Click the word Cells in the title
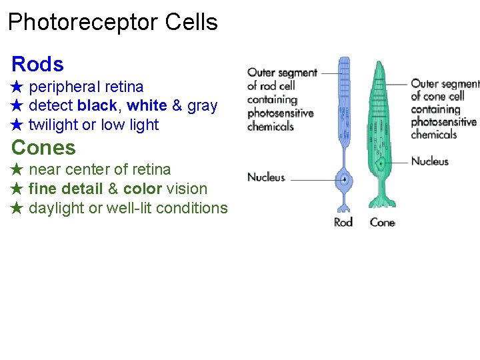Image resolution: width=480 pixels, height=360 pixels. point(193,23)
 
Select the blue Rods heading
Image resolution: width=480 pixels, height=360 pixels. point(37,65)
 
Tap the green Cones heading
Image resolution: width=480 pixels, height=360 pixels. point(43,147)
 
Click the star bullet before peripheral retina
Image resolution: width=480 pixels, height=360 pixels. point(17,87)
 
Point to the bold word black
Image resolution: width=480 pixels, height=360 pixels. point(97,106)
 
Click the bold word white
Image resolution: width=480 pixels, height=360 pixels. point(147,106)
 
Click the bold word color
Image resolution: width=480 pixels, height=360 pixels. point(143,189)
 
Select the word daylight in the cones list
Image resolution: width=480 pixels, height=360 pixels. point(57,208)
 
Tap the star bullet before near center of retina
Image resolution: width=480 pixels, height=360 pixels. point(17,170)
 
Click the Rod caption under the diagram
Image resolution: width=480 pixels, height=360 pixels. point(343,222)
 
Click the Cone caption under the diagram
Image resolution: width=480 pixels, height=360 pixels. point(382,222)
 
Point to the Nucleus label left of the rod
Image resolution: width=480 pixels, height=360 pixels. point(266,177)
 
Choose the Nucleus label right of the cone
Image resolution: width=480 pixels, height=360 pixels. point(430,161)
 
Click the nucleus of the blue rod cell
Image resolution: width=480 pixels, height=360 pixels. point(345,179)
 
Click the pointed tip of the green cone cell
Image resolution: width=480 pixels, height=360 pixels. point(379,63)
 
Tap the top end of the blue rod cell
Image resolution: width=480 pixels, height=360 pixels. point(344,59)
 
